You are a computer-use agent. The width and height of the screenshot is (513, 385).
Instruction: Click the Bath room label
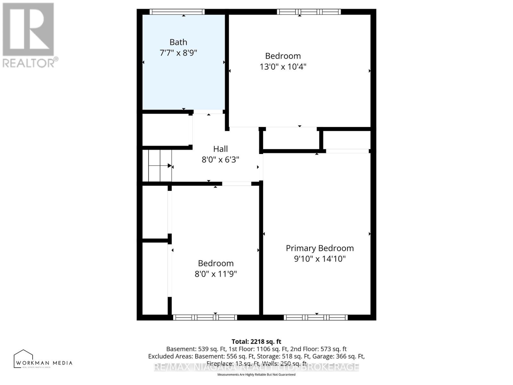click(x=178, y=42)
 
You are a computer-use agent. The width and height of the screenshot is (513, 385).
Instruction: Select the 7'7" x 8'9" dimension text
click(x=178, y=53)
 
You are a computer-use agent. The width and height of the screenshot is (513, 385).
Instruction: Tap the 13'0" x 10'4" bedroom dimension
click(x=283, y=67)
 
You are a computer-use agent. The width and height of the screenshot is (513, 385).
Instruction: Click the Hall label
click(x=220, y=149)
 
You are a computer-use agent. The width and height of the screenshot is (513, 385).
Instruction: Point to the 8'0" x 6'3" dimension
click(x=220, y=159)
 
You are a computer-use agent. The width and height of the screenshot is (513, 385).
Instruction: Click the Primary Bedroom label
click(x=320, y=248)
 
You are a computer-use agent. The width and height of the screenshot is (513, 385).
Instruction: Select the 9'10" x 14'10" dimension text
click(x=320, y=259)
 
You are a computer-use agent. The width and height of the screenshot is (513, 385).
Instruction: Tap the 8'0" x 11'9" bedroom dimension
click(x=215, y=274)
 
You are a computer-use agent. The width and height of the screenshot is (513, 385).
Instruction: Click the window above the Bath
click(x=177, y=12)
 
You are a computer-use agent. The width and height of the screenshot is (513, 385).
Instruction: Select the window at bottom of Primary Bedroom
click(x=316, y=317)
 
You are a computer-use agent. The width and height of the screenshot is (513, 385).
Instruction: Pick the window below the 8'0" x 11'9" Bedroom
click(x=205, y=317)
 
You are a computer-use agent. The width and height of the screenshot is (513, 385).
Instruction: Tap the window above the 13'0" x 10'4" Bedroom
click(x=309, y=12)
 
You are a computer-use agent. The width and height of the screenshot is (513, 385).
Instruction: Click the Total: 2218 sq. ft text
click(x=256, y=342)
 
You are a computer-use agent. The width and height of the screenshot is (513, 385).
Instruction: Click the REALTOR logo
click(x=29, y=35)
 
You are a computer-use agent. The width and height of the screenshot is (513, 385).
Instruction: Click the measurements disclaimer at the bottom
click(x=256, y=374)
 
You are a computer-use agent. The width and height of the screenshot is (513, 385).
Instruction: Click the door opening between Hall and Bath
click(x=208, y=112)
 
